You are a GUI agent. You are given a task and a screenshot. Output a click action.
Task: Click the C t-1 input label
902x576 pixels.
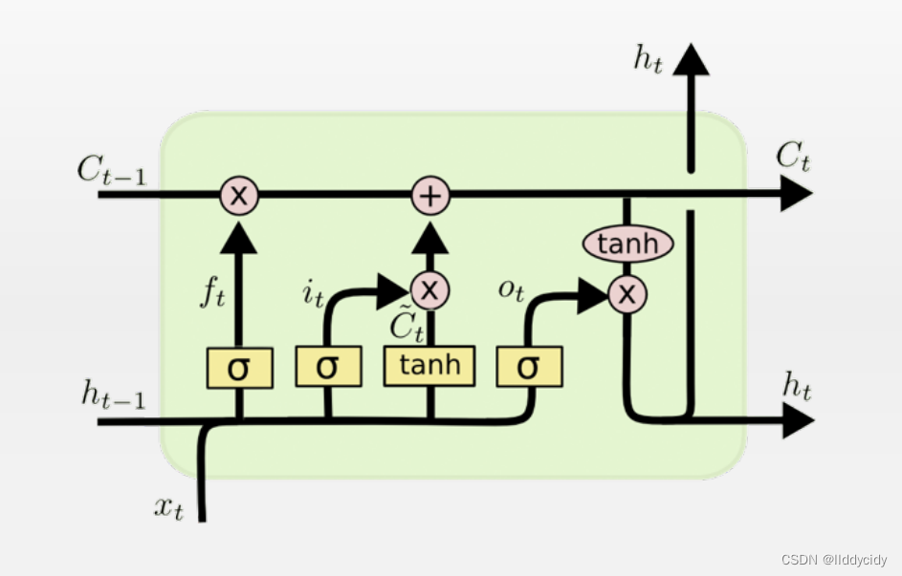[113, 171]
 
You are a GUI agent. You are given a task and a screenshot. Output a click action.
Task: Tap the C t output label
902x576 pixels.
[793, 157]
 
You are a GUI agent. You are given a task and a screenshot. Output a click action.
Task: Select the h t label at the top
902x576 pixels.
[648, 59]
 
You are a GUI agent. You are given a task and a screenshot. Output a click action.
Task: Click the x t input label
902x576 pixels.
[168, 507]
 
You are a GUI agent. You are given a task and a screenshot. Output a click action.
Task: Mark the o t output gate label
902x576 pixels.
[511, 289]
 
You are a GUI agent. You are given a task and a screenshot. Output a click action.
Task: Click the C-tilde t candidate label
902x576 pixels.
[406, 326]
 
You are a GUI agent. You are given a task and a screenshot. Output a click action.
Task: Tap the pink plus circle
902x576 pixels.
[430, 196]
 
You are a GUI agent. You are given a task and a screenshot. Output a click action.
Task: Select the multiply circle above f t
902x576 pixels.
[239, 196]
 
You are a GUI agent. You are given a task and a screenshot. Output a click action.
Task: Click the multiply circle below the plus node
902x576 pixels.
[429, 289]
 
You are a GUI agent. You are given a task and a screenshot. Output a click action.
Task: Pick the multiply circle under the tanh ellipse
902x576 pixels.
[627, 293]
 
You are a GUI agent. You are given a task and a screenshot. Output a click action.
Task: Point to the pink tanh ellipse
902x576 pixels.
[627, 245]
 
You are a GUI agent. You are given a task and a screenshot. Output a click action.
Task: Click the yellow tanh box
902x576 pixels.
[429, 366]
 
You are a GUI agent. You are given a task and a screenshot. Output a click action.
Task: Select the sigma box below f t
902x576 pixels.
[239, 368]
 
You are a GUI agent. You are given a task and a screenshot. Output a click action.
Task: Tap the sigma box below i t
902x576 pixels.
[328, 368]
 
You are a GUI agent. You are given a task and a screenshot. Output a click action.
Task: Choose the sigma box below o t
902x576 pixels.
[529, 366]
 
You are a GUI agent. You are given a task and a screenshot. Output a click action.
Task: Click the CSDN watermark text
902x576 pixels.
[833, 560]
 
